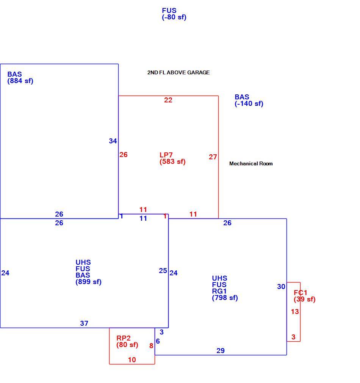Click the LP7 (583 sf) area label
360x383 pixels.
tap(172, 158)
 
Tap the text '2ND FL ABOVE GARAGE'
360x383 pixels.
tap(178, 72)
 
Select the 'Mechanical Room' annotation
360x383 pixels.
tap(251, 164)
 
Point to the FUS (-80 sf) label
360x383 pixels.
tap(174, 14)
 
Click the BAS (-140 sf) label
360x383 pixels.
tap(249, 100)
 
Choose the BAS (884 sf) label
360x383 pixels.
tap(20, 78)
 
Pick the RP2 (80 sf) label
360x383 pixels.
tap(127, 341)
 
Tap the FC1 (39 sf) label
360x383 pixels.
tap(304, 296)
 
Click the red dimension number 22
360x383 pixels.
tap(168, 100)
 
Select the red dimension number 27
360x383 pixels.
tap(213, 157)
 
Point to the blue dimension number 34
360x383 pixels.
tap(113, 141)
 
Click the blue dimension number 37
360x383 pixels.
tap(84, 323)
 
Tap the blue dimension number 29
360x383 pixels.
tap(221, 351)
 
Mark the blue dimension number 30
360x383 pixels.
tap(281, 287)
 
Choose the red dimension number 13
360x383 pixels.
tap(295, 312)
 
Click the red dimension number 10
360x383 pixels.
tap(132, 360)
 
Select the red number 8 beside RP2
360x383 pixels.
tap(151, 346)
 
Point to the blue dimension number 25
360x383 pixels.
tap(163, 271)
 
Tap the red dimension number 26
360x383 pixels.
tap(123, 155)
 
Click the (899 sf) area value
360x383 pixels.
tap(88, 282)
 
